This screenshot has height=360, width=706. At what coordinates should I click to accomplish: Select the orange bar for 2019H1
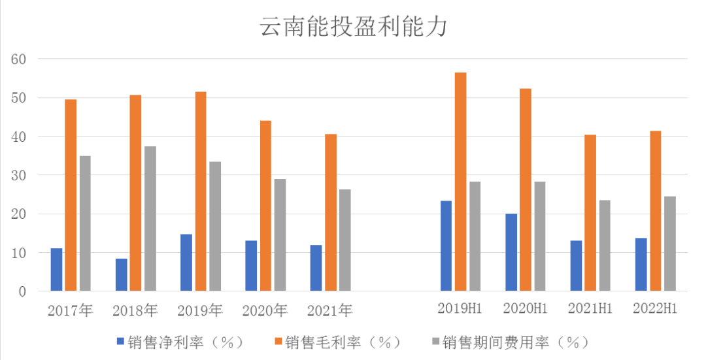(461, 182)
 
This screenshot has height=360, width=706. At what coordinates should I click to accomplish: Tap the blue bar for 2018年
(122, 274)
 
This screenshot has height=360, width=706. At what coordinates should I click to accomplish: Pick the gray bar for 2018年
(150, 218)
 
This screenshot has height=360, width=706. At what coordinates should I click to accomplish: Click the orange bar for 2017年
(71, 195)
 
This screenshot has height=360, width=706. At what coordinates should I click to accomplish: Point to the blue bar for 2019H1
(446, 246)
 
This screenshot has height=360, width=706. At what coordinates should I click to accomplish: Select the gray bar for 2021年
(345, 240)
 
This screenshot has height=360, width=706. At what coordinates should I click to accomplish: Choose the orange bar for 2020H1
(526, 189)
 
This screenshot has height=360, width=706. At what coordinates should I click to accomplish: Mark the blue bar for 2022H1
(641, 264)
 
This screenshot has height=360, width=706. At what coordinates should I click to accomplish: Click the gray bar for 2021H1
(605, 245)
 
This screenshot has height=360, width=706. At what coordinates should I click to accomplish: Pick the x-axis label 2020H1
(525, 308)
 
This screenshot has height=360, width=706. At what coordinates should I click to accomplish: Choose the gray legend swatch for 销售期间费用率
(435, 342)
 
